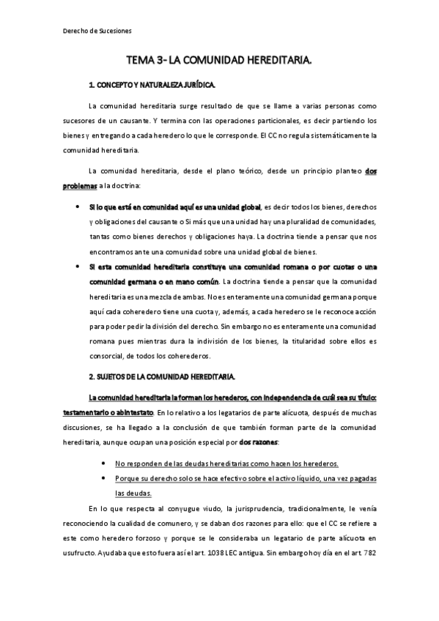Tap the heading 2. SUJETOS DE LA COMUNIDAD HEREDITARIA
coord(161,376)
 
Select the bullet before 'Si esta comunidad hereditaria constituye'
coord(78,266)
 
